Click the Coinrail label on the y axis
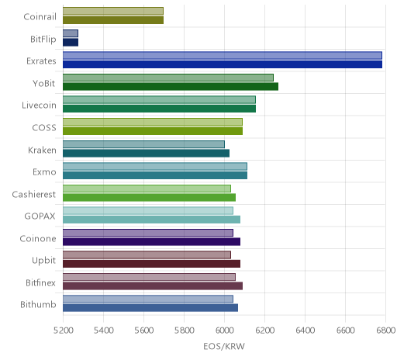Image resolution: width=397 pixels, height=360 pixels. [x=40, y=16]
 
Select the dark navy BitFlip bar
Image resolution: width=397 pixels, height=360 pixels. [x=71, y=43]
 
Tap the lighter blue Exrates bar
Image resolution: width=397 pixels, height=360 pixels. [x=223, y=56]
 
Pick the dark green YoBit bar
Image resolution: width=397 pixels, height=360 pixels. [x=171, y=87]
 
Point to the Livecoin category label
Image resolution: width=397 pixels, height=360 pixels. [x=39, y=106]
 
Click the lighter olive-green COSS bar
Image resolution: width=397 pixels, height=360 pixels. [x=153, y=122]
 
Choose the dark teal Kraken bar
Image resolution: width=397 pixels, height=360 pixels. [x=146, y=153]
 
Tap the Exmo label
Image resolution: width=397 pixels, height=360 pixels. [x=44, y=172]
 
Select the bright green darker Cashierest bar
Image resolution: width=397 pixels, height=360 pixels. [x=149, y=198]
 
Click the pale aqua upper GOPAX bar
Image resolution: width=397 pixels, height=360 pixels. [x=148, y=211]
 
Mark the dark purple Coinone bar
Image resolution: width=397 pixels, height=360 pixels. [x=151, y=242]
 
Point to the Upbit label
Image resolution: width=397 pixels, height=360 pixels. [x=43, y=261]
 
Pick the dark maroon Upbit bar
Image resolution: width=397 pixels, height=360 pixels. [x=151, y=264]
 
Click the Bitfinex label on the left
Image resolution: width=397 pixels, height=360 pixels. [x=40, y=282]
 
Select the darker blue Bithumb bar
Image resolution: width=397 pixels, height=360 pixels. [x=150, y=308]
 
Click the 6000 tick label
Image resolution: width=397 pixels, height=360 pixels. [x=224, y=331]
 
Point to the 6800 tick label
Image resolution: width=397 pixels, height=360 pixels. [x=385, y=331]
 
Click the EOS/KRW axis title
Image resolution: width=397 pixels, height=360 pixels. [x=224, y=347]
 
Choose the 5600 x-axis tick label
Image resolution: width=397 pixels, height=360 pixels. [x=143, y=331]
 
